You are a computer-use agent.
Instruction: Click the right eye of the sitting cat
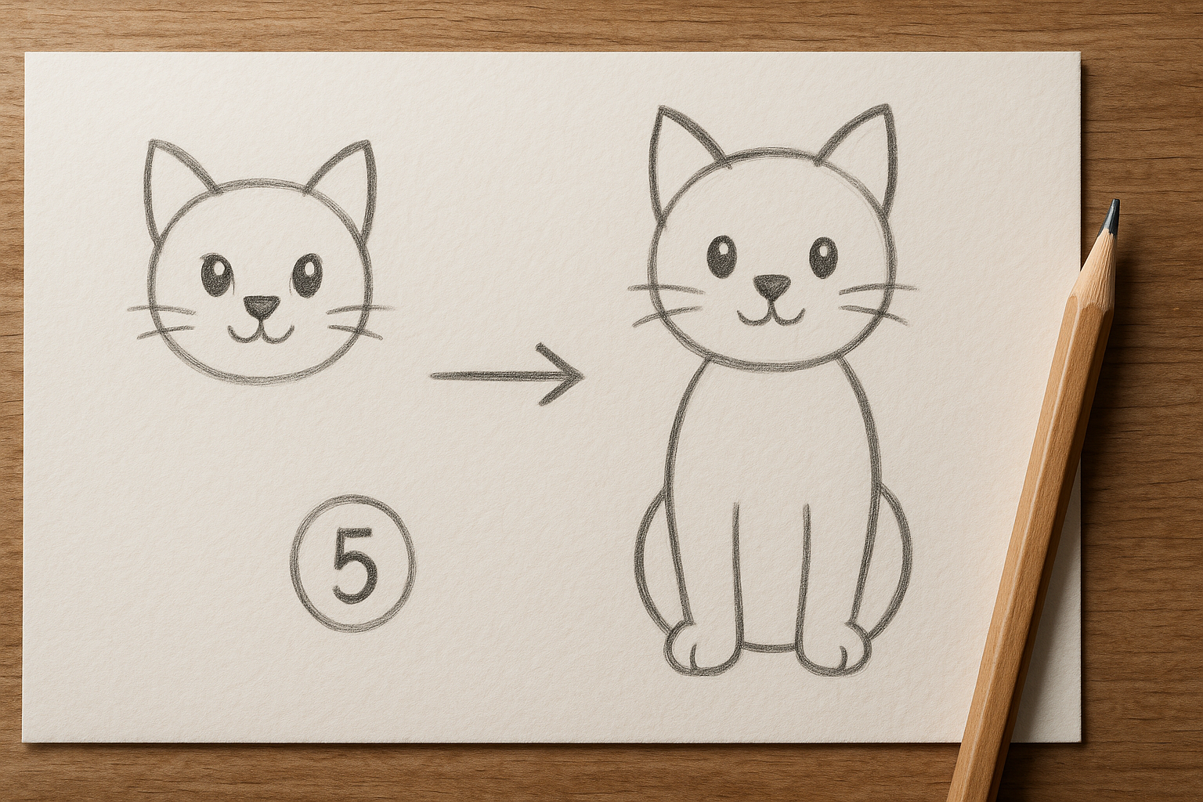pyautogui.click(x=823, y=257)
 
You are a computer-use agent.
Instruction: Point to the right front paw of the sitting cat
pyautogui.click(x=833, y=656)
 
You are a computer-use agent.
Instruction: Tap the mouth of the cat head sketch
pyautogui.click(x=261, y=334)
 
